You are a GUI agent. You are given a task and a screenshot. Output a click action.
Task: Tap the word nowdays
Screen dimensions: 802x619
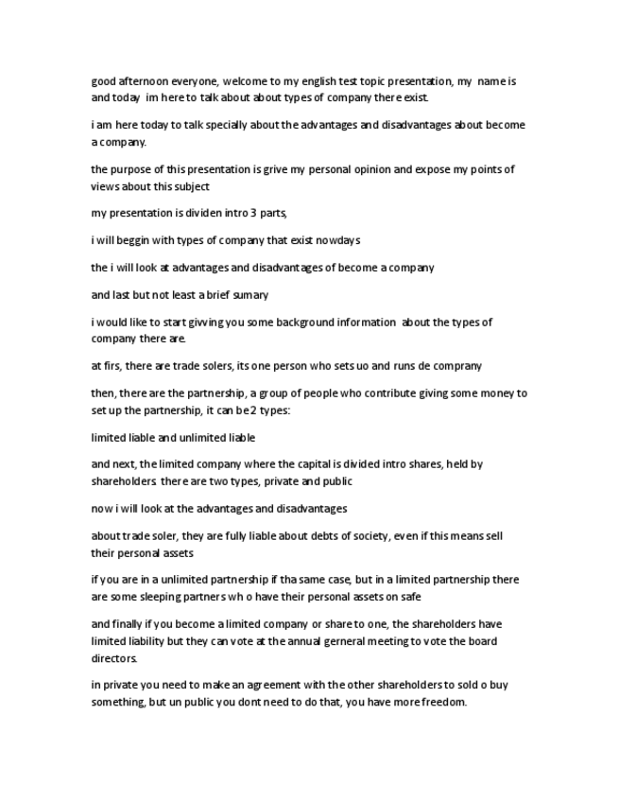click(x=337, y=240)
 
